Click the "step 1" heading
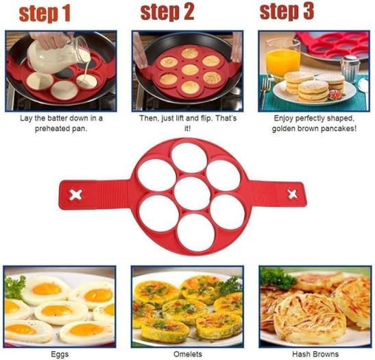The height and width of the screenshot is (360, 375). [x=45, y=14]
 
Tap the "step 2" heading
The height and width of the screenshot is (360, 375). [x=167, y=12]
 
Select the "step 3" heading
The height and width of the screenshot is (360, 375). [x=287, y=12]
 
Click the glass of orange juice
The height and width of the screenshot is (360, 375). [x=283, y=58]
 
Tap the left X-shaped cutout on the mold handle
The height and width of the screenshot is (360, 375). [x=76, y=195]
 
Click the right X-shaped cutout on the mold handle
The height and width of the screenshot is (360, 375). [x=293, y=194]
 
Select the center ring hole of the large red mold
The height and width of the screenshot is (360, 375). [x=192, y=193]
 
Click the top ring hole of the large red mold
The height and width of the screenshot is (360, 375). [x=189, y=158]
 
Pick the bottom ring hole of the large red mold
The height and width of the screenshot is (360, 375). [x=196, y=232]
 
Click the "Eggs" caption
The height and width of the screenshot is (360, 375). [x=60, y=354]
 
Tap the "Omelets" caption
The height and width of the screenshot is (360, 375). [x=188, y=354]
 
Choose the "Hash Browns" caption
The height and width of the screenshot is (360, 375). [x=315, y=354]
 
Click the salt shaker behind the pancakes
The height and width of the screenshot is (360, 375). [x=350, y=69]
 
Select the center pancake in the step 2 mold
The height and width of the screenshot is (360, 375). [x=191, y=70]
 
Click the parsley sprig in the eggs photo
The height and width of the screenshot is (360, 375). [x=15, y=287]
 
